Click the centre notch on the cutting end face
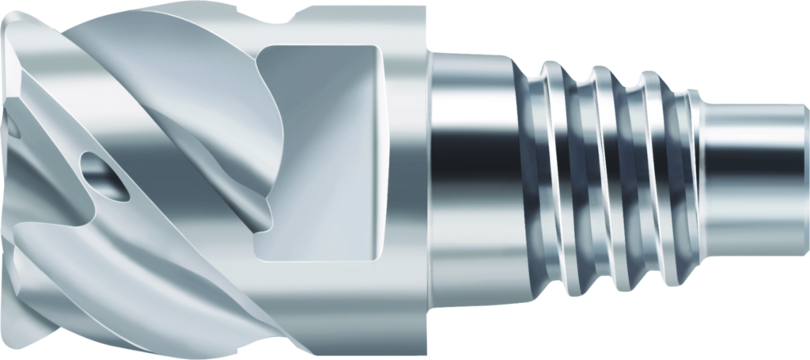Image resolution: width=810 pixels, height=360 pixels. pyautogui.click(x=11, y=127)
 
